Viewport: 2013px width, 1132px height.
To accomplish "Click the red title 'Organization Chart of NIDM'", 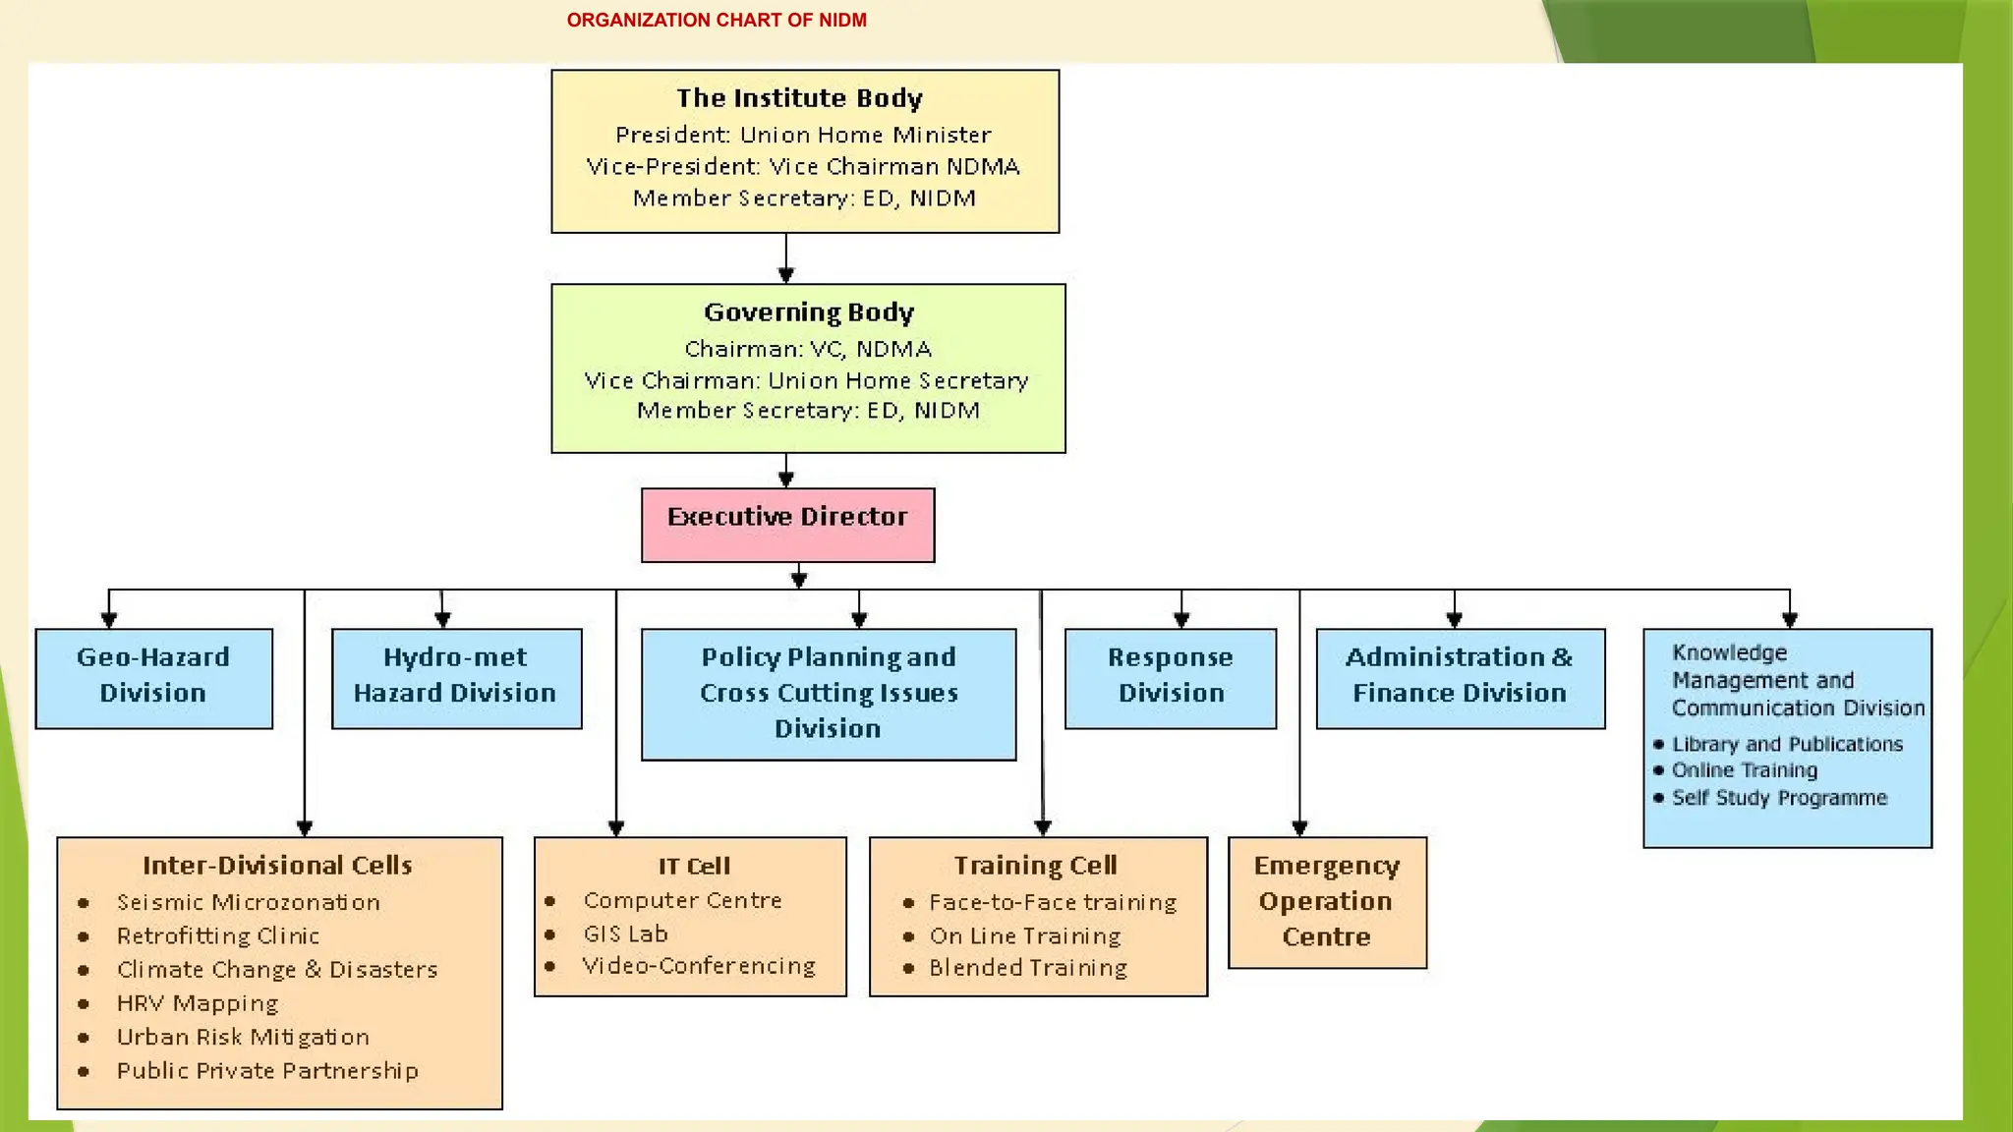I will point(717,21).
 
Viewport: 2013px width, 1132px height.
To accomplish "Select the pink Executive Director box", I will point(787,525).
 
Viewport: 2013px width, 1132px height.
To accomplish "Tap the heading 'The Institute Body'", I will point(799,98).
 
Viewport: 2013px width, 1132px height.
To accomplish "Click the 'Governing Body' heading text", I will point(809,312).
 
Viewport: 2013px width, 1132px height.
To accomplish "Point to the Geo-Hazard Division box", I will point(153,678).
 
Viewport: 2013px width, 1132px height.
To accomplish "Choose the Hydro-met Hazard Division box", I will point(456,678).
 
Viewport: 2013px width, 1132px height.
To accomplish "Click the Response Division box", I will point(1170,678).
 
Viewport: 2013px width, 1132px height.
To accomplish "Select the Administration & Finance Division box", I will point(1460,678).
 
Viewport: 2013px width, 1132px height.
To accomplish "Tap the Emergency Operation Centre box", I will point(1327,902).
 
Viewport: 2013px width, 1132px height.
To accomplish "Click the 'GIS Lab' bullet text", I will point(625,934).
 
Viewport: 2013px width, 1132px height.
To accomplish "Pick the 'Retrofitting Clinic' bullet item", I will point(217,935).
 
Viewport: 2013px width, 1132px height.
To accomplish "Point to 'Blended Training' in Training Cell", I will point(1028,968).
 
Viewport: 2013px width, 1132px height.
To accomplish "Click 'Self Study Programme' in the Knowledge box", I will point(1779,798).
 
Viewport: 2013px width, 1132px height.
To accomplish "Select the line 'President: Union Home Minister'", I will point(803,135).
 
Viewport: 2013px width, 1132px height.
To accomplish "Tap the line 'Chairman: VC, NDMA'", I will point(808,349).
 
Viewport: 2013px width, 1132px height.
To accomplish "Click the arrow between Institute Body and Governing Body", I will point(785,259).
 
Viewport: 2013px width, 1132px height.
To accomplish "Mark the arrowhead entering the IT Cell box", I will point(616,828).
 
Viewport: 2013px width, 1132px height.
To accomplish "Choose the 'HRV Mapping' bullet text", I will point(198,1003).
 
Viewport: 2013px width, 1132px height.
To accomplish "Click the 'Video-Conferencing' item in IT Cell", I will point(699,966).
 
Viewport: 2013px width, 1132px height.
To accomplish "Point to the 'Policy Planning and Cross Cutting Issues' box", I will point(828,694).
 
